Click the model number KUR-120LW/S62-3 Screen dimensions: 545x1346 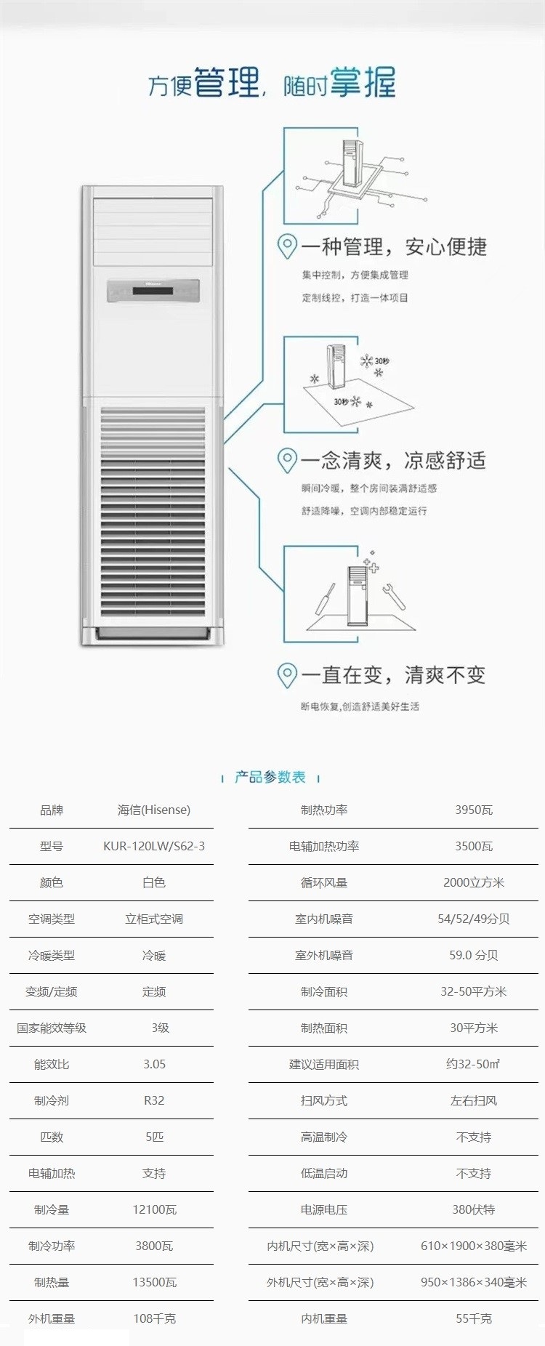click(154, 846)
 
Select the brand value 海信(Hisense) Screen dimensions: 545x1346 click(154, 810)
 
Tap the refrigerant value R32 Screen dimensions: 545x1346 click(154, 1100)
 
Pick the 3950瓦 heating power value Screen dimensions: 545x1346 click(474, 810)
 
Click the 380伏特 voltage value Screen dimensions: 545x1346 click(474, 1209)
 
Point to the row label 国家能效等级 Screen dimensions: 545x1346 click(52, 1028)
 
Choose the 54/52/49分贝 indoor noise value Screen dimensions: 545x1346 click(474, 919)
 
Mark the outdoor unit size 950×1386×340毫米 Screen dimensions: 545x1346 click(474, 1282)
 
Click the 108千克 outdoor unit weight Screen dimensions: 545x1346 click(154, 1318)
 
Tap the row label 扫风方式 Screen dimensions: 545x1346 click(324, 1100)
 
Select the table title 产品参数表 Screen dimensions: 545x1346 click(270, 777)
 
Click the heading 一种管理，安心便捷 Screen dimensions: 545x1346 click(394, 246)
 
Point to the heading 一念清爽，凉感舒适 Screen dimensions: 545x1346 click(393, 460)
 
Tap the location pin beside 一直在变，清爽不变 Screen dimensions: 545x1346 click(288, 675)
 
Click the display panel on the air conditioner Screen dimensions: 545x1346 click(153, 291)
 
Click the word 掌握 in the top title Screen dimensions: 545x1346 click(363, 82)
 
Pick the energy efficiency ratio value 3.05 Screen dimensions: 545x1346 click(154, 1064)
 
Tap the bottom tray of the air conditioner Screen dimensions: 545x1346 click(153, 635)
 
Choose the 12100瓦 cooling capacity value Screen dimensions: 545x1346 click(154, 1209)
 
